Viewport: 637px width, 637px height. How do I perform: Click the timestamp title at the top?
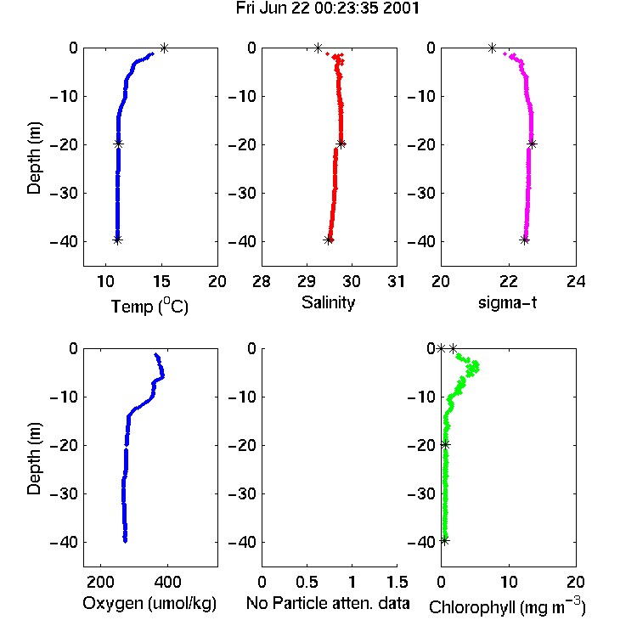(x=328, y=8)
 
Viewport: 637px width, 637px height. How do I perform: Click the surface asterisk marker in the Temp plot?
(x=164, y=48)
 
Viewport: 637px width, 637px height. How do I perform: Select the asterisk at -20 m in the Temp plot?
(x=118, y=144)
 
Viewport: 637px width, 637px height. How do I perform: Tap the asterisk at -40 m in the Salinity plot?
(x=328, y=240)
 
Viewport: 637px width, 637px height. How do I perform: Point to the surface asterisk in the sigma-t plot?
(x=492, y=48)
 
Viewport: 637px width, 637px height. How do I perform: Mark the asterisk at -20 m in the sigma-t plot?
(x=533, y=144)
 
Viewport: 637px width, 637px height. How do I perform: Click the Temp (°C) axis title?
(x=149, y=306)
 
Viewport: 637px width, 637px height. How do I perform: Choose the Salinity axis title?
(x=328, y=302)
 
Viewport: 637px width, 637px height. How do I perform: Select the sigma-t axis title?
(x=507, y=302)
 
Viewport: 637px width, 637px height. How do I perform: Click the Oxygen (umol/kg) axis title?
(x=149, y=603)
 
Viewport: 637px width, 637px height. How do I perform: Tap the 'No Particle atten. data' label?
(x=328, y=603)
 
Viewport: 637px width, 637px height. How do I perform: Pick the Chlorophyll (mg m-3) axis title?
(x=507, y=606)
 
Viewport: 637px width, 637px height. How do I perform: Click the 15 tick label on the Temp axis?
(x=161, y=281)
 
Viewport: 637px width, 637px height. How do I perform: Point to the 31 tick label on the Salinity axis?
(x=396, y=281)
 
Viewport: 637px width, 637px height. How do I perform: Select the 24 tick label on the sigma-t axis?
(x=576, y=281)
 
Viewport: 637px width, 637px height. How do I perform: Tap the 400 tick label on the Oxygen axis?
(x=168, y=582)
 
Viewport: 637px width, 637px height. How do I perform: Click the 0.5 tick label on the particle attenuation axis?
(x=307, y=582)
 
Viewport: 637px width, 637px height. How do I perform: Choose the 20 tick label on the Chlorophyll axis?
(x=576, y=582)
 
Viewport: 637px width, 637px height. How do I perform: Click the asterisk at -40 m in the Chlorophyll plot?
(x=445, y=540)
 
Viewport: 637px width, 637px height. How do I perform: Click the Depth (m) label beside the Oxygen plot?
(x=34, y=459)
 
